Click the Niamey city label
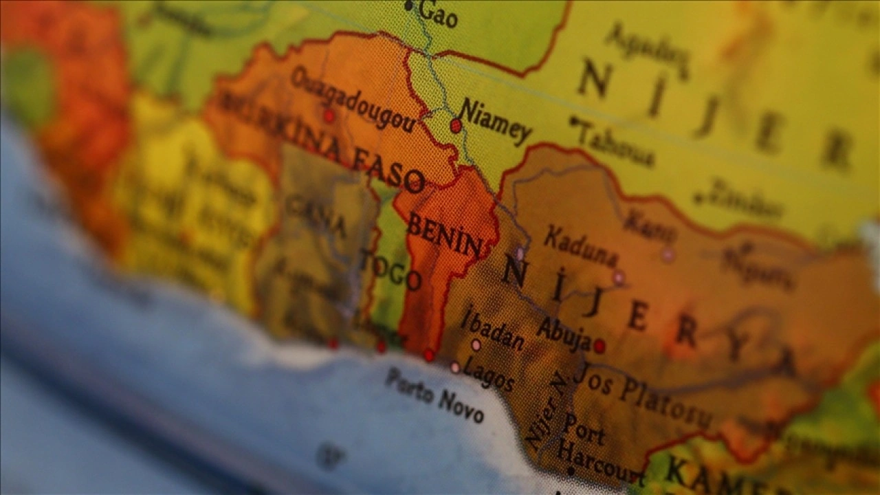(496, 121)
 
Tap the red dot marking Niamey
(455, 126)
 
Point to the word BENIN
(444, 236)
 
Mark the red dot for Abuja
(599, 346)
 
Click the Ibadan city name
(492, 329)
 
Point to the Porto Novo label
(434, 395)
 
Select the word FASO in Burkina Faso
(387, 170)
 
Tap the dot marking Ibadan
(475, 344)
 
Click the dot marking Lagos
(454, 367)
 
